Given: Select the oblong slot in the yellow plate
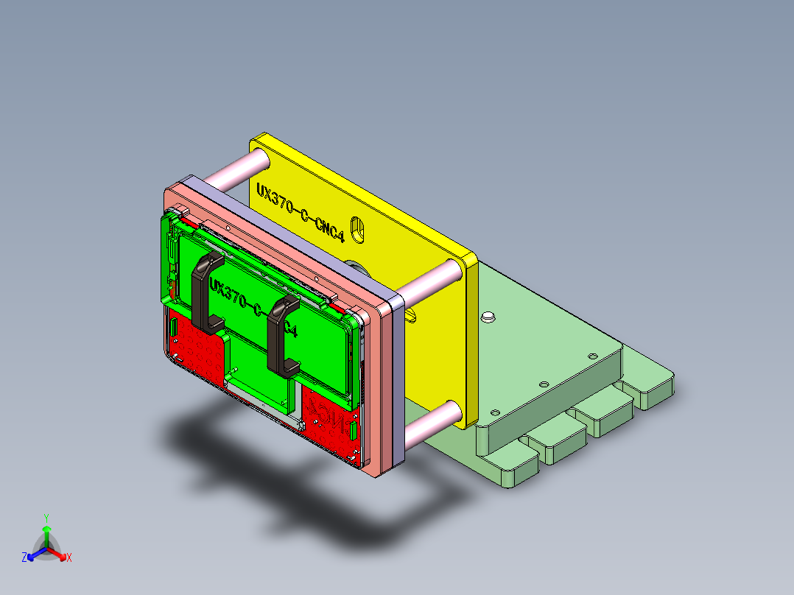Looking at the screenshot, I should (x=358, y=230).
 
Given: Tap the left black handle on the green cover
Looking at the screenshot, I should (x=205, y=291).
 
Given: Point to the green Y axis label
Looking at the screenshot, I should (x=46, y=517).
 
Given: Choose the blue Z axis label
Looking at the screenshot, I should (x=24, y=558).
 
